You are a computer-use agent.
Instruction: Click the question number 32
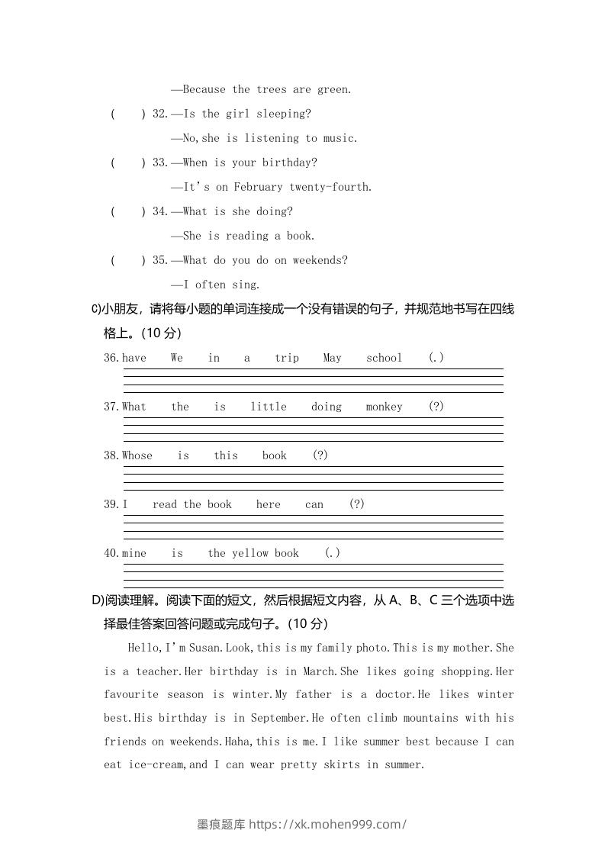pos(159,114)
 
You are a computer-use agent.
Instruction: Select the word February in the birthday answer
pos(259,187)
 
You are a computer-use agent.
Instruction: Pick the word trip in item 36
pos(287,358)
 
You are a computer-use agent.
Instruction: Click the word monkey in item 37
pos(384,407)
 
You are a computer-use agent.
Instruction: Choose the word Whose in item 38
pos(137,455)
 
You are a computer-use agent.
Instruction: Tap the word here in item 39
pos(269,504)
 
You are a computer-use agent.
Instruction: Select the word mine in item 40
pos(134,553)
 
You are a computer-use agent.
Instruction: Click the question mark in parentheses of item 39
pos(356,504)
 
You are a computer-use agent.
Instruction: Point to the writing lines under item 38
pos(313,478)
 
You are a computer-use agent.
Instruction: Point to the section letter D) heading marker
pos(97,600)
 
